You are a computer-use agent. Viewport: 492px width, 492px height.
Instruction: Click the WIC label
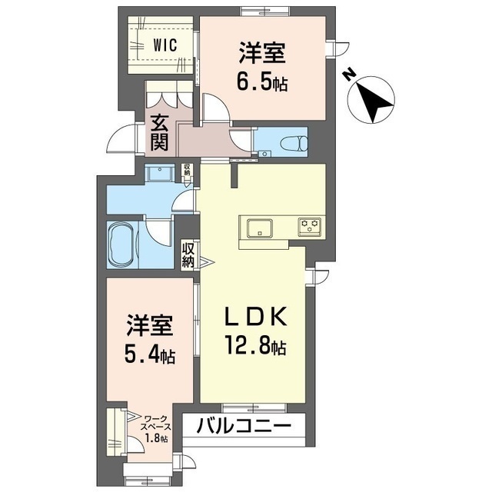pyautogui.click(x=165, y=44)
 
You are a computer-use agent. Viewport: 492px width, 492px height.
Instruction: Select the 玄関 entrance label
pyautogui.click(x=160, y=131)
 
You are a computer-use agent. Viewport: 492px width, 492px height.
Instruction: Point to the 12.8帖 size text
pyautogui.click(x=256, y=347)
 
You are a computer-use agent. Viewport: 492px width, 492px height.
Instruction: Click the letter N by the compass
pyautogui.click(x=348, y=75)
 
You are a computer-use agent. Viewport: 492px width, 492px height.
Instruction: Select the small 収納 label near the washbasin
pyautogui.click(x=187, y=170)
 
